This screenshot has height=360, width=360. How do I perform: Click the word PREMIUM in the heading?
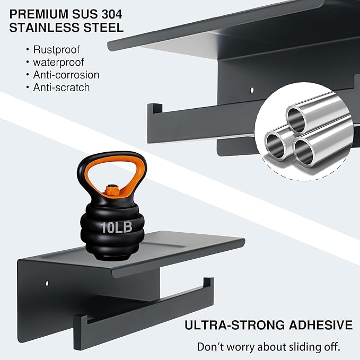tap(39, 14)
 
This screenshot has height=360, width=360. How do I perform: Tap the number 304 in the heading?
tap(112, 14)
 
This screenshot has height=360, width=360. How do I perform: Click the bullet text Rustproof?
tap(56, 50)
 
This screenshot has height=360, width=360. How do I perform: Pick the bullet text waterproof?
tap(58, 62)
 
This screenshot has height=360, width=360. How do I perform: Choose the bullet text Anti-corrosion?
tap(66, 75)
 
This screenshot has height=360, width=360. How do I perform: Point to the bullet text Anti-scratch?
tap(62, 87)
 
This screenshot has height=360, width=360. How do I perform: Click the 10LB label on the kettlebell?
tap(117, 227)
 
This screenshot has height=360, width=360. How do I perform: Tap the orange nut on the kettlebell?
tap(112, 190)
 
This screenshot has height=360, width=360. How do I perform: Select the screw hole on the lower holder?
tap(47, 283)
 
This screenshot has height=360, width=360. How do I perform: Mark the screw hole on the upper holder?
tap(252, 90)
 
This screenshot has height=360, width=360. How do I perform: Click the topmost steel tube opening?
tap(296, 120)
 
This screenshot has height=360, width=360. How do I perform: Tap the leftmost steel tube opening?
tap(275, 146)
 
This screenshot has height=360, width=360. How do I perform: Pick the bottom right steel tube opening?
tap(304, 152)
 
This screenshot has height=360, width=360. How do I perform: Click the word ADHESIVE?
tap(321, 325)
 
